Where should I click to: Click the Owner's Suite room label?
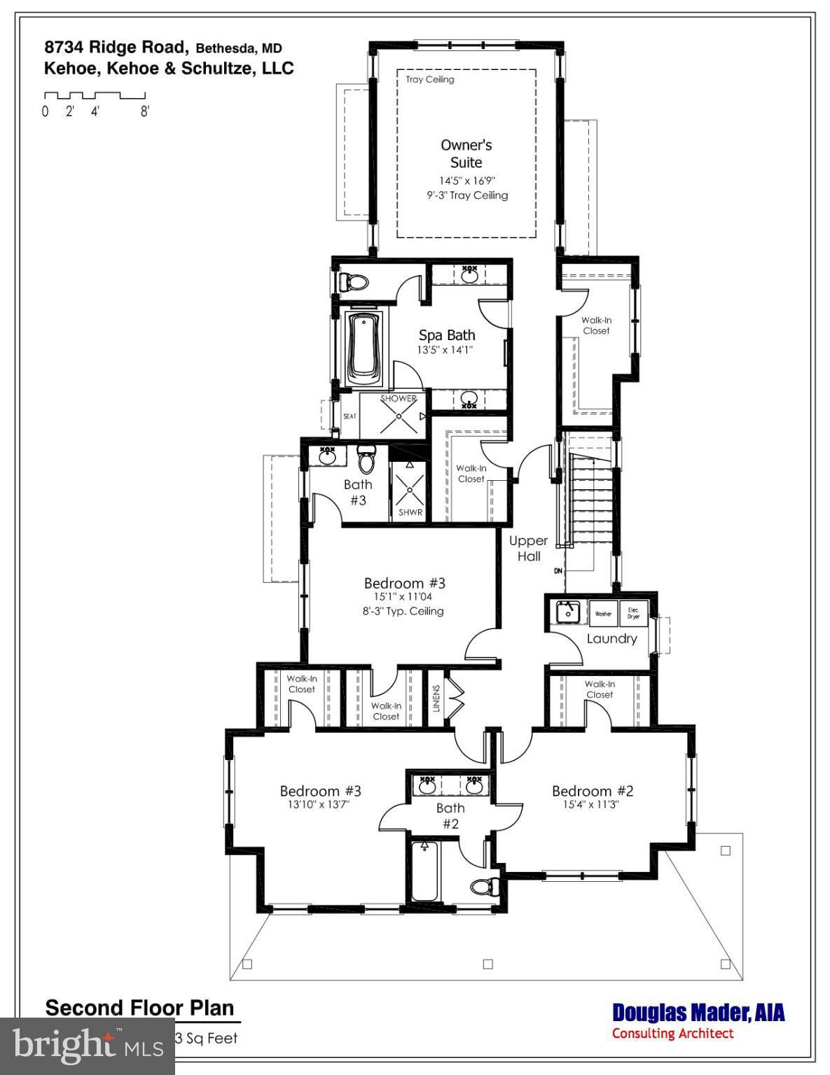[466, 154]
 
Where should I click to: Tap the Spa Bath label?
[447, 335]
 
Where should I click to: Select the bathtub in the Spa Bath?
[364, 347]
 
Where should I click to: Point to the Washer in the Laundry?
[602, 613]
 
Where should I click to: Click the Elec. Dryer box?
[634, 613]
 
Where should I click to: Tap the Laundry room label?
[611, 638]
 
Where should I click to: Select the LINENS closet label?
[436, 698]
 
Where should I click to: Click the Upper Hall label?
[529, 549]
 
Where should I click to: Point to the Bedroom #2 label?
[593, 791]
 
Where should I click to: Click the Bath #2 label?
[450, 815]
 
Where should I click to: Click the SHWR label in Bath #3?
[410, 512]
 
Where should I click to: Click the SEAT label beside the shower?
[350, 416]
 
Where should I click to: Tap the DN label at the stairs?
[558, 571]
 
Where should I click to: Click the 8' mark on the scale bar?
[144, 111]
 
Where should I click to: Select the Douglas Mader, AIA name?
[698, 1013]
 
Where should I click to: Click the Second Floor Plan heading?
[139, 1008]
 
